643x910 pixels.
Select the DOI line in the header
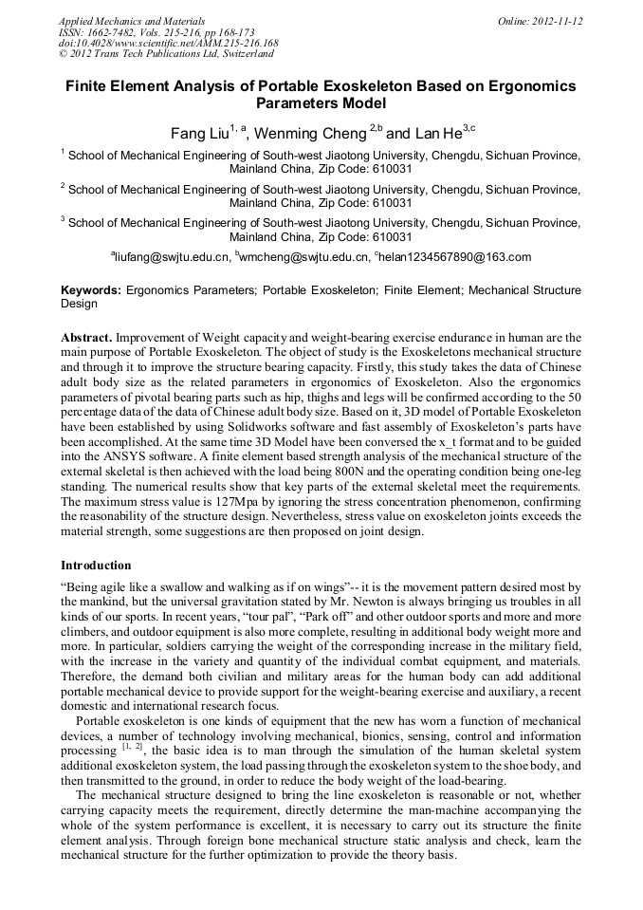168,44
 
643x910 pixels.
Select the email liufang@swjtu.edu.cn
172,257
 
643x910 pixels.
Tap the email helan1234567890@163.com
454,257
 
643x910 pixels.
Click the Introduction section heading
96,566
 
